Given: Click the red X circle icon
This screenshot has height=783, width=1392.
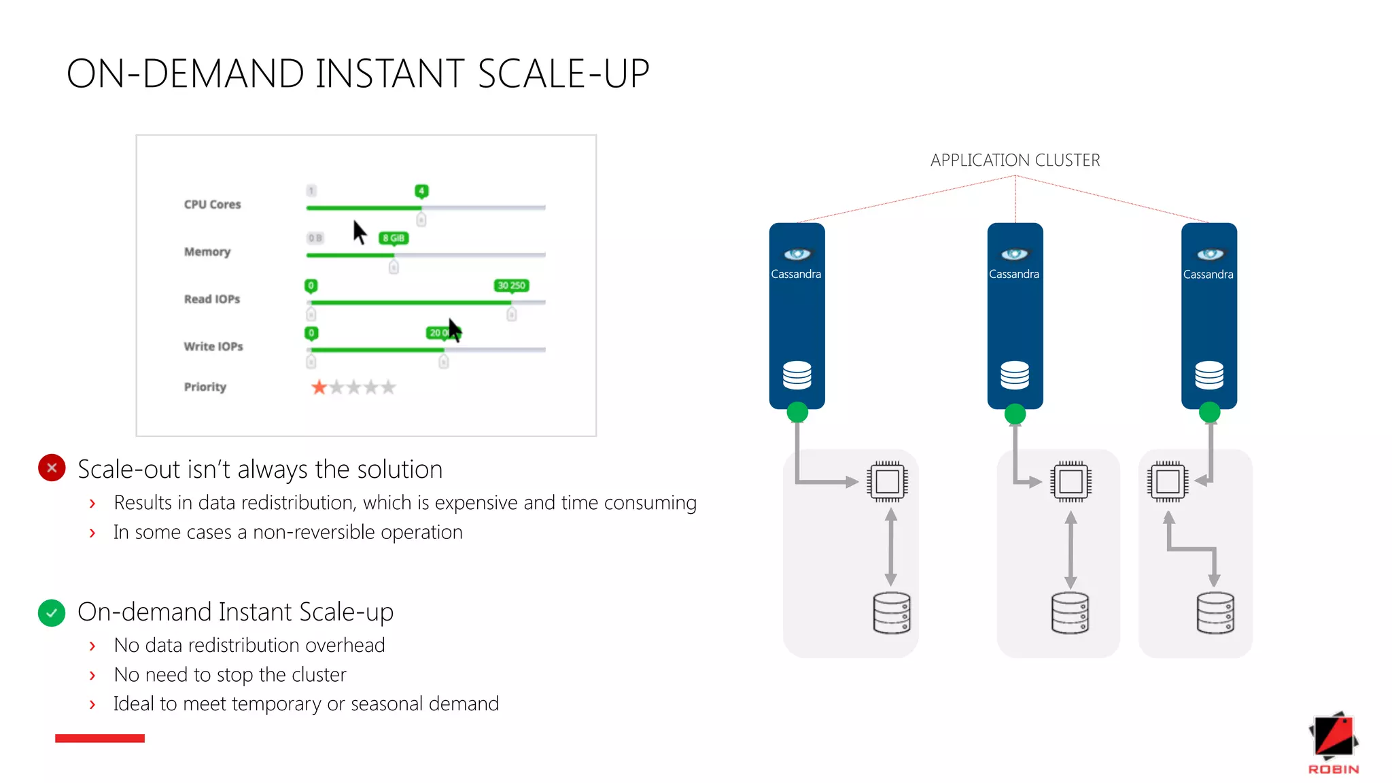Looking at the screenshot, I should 52,468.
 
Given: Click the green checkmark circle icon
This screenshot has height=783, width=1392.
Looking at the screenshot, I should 52,613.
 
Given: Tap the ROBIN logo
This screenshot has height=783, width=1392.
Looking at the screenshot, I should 1333,744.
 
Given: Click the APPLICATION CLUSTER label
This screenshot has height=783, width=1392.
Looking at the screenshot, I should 1015,160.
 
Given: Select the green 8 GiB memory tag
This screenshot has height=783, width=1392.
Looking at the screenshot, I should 394,238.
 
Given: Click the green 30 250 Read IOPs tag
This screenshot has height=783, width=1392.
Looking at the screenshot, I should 511,285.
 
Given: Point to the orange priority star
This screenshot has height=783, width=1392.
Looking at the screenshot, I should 319,387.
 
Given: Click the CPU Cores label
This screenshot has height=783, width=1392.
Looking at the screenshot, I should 212,205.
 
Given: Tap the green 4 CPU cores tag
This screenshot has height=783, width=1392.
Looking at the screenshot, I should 421,191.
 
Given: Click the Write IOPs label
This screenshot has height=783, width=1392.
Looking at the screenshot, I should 213,347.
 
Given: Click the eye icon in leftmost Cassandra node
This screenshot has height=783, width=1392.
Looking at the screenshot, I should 797,254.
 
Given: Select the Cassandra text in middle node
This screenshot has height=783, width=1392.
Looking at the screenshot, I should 1013,275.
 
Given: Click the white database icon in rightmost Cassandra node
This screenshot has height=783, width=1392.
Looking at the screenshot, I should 1209,375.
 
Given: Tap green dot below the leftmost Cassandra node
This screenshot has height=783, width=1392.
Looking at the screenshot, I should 797,412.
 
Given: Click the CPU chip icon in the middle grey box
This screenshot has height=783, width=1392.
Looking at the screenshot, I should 1071,482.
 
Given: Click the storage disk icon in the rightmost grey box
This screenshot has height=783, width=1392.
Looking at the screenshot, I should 1215,613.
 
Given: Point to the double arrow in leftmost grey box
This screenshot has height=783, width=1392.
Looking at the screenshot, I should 891,547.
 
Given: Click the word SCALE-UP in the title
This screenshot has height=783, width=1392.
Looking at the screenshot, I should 563,74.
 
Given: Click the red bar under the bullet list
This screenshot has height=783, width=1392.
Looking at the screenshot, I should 100,738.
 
